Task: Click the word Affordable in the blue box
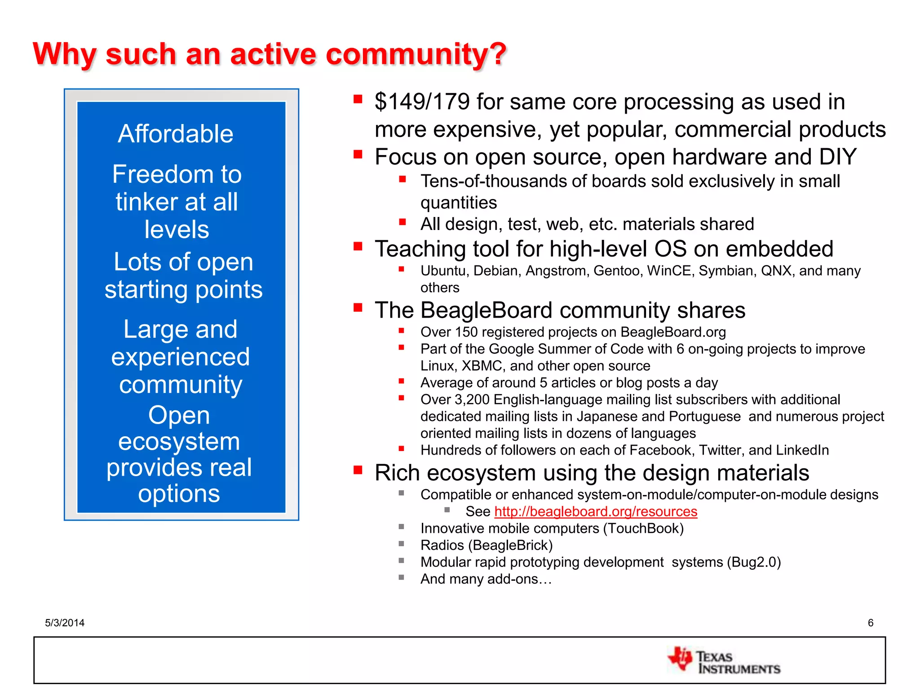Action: pos(176,134)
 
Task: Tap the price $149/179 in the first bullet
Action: pos(422,102)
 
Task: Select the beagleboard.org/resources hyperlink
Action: pos(596,512)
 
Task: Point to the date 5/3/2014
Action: pos(65,623)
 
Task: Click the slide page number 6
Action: pos(871,623)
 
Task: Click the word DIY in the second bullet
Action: pos(838,157)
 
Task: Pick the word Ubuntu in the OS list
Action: pos(444,271)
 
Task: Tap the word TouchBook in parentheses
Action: pos(643,529)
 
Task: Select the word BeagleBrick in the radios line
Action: pos(510,545)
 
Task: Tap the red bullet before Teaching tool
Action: pos(358,246)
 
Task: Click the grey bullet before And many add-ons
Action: pos(401,578)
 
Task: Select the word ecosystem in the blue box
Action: pos(179,442)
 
